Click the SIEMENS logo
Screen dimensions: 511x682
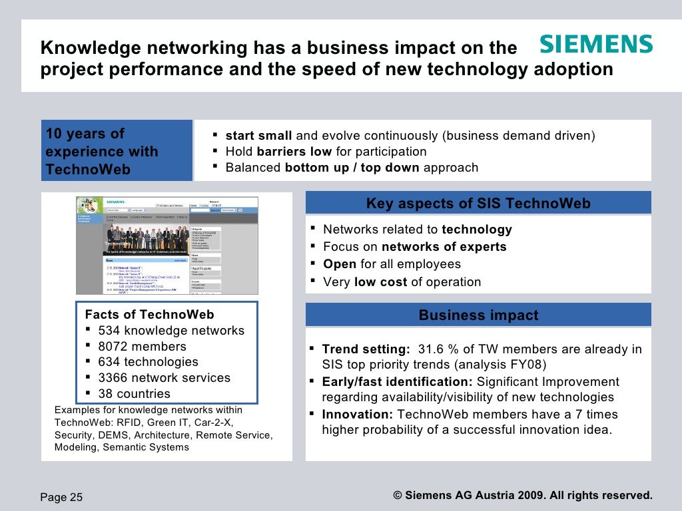(x=595, y=45)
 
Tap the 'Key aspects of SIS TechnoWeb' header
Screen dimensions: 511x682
(x=478, y=204)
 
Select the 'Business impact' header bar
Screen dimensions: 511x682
(x=478, y=315)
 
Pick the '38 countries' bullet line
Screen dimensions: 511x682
(x=134, y=393)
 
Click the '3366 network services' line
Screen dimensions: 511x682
(x=164, y=378)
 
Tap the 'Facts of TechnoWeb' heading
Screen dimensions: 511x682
(x=149, y=315)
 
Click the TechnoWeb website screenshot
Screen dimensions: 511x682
(x=167, y=245)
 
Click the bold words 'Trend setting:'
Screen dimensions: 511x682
(x=366, y=349)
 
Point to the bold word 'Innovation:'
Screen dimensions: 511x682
(x=358, y=415)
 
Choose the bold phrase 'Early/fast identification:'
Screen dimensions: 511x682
(x=397, y=382)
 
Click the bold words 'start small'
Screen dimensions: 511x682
(x=258, y=136)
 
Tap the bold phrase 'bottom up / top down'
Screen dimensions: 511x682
(x=352, y=168)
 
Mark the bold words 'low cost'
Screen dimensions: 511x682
(x=380, y=282)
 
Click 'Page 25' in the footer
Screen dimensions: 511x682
(x=62, y=497)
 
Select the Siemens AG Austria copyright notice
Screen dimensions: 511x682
(x=523, y=496)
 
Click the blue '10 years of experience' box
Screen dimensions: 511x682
(x=117, y=151)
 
